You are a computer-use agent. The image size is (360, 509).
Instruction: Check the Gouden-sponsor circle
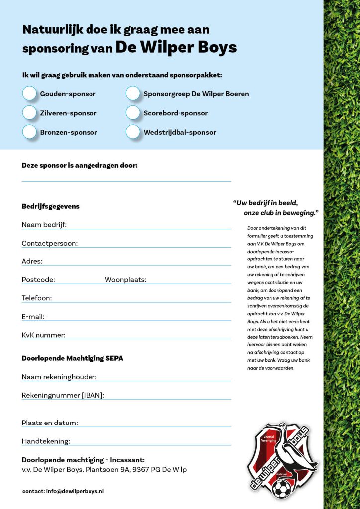[30, 93]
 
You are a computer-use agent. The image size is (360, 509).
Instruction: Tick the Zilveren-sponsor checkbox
[30, 113]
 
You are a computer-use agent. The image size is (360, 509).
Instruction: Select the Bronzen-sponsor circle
[30, 132]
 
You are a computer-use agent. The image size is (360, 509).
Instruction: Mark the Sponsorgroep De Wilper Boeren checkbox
[133, 93]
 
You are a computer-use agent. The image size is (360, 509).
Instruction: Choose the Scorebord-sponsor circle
[133, 113]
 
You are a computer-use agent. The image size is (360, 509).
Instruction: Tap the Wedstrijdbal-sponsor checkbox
[133, 132]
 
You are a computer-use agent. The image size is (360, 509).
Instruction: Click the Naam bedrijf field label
[44, 225]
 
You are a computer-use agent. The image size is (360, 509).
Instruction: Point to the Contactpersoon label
[50, 243]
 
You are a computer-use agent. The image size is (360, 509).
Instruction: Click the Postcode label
[38, 280]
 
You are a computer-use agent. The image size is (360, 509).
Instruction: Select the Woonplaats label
[125, 280]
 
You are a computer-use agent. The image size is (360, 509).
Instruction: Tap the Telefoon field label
[37, 298]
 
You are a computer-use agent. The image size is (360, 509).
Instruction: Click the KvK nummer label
[44, 335]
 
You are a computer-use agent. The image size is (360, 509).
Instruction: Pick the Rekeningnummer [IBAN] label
[63, 396]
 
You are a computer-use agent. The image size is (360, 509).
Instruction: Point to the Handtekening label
[46, 441]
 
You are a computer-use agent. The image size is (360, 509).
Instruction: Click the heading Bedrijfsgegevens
[51, 206]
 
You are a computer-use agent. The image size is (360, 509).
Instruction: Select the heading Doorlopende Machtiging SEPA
[73, 358]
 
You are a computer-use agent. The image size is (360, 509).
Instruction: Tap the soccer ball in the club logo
[281, 489]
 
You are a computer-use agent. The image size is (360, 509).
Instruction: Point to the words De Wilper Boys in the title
[176, 47]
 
